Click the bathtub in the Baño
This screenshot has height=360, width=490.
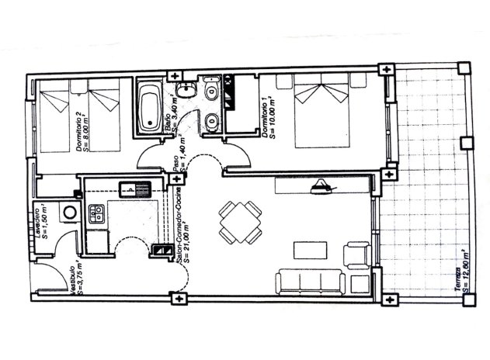click(149, 106)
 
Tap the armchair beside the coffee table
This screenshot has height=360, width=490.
click(355, 254)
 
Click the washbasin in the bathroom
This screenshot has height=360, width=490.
click(213, 119)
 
